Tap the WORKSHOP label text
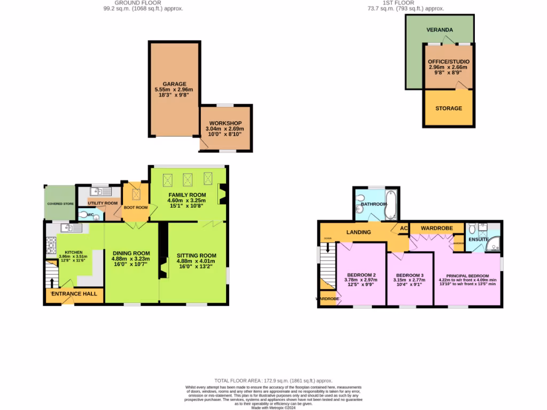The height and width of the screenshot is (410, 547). click(225, 123)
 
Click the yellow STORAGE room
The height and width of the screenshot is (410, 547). click(448, 108)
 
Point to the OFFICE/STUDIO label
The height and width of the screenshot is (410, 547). click(448, 61)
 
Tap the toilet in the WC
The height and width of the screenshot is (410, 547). click(84, 215)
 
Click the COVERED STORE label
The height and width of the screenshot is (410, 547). click(60, 203)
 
